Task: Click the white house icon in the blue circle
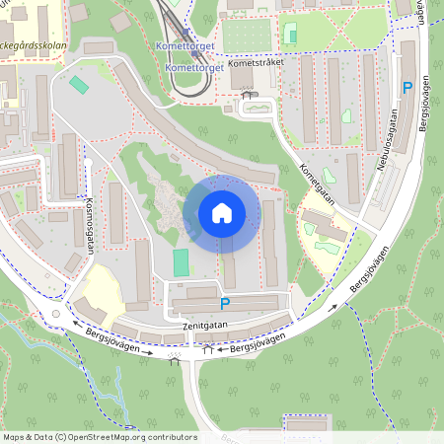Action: (222, 213)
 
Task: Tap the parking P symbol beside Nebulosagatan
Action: (407, 89)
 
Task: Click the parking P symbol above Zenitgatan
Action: (225, 304)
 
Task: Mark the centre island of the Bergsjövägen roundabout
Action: (56, 315)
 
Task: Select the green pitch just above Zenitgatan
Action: (181, 262)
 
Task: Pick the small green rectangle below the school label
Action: (79, 86)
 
